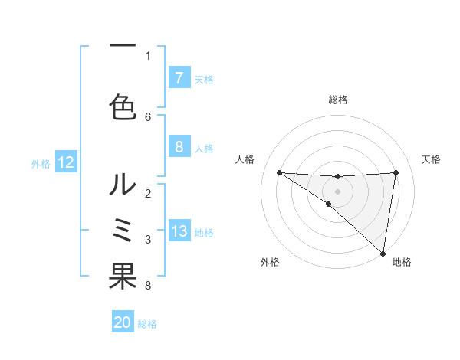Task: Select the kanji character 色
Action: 123,106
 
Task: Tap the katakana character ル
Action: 123,184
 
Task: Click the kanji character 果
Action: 123,277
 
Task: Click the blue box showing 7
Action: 179,78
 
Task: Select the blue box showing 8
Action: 179,147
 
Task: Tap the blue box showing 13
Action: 179,232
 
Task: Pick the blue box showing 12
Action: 66,162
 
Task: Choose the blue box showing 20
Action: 123,323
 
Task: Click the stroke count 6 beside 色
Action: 148,116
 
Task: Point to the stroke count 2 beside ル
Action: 148,193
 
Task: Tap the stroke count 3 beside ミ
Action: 148,240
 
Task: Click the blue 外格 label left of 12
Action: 41,163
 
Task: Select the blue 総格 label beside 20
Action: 147,324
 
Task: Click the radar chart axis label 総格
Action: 338,100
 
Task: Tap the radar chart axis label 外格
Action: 270,262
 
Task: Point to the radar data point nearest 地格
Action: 383,253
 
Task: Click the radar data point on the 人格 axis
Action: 279,172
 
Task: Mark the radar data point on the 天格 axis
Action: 396,172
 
